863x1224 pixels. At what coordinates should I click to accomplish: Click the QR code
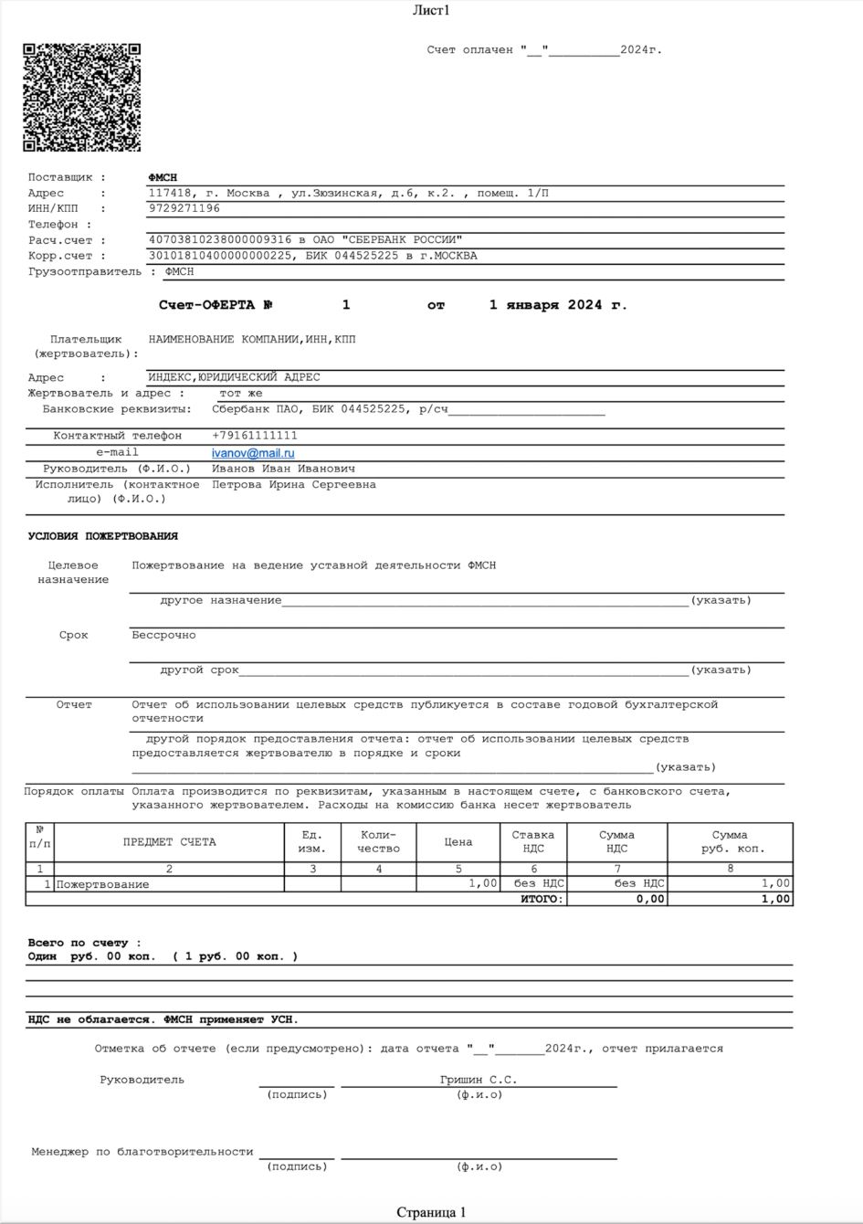(81, 97)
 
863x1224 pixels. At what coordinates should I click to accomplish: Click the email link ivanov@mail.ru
(253, 453)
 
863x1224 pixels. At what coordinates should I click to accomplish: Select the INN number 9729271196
(184, 208)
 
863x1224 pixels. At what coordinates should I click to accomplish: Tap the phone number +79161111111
(255, 436)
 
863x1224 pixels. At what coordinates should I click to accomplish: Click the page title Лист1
(431, 11)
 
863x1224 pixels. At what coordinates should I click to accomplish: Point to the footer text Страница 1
(431, 1212)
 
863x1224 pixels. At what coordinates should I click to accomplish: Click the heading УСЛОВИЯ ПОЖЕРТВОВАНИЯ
(103, 536)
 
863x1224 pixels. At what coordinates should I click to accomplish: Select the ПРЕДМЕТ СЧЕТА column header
(170, 842)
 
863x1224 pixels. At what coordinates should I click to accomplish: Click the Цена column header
(458, 842)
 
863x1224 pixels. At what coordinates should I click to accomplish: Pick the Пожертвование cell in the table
(103, 884)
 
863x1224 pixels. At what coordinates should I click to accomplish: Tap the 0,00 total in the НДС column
(651, 899)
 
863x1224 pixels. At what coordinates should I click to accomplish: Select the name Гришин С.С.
(479, 1080)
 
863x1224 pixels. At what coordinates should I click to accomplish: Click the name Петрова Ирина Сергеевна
(294, 485)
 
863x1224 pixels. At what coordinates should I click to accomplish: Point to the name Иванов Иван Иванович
(284, 469)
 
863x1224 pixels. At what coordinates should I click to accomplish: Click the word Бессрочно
(163, 635)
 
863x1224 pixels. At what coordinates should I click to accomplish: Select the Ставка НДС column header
(533, 842)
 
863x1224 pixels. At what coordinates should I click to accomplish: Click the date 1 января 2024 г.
(558, 305)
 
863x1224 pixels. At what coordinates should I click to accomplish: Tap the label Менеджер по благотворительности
(142, 1152)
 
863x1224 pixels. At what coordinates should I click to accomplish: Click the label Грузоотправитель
(85, 271)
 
